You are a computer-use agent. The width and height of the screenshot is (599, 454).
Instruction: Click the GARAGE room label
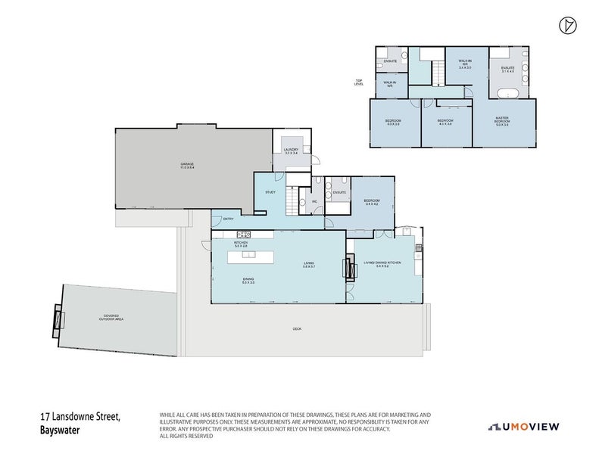coord(187,165)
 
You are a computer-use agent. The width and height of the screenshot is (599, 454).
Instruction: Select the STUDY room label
coord(270,192)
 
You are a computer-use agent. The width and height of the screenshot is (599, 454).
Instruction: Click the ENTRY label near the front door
coord(227,219)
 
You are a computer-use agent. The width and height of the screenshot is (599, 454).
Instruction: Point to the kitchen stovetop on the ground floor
coord(243,234)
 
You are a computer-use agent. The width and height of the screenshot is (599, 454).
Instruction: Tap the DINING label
coord(248,280)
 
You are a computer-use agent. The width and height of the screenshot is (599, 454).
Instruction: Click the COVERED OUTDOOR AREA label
coord(111,317)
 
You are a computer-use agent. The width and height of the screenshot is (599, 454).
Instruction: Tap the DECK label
coord(297,328)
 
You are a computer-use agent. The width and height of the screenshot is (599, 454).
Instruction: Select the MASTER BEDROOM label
coord(502,120)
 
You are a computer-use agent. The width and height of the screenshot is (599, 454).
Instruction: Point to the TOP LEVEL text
coord(359,82)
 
